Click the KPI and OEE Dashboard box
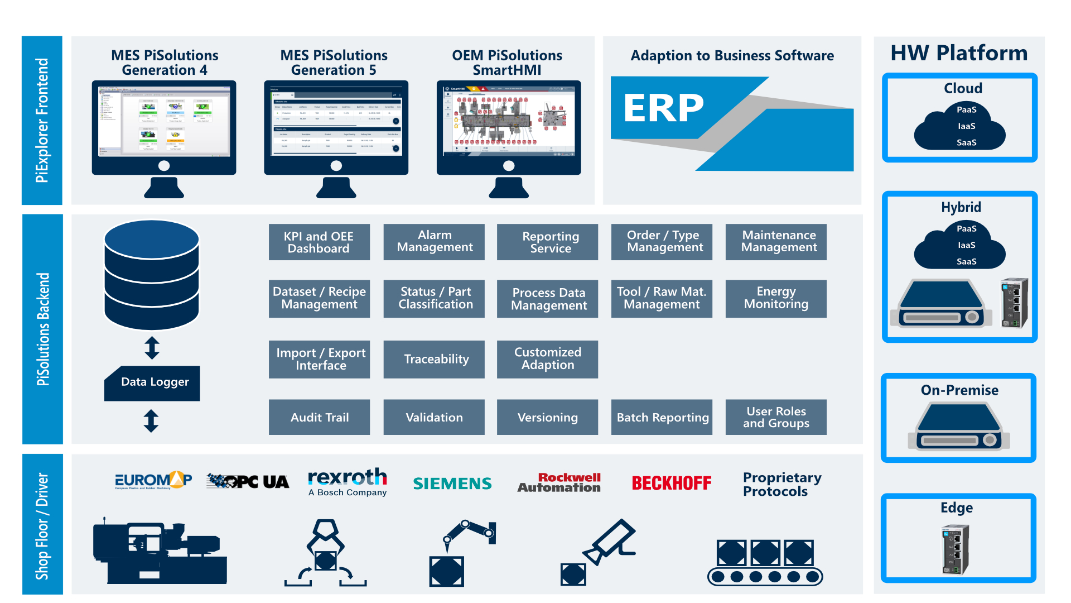[x=319, y=242]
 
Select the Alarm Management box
[x=434, y=242]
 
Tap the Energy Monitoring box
[x=776, y=298]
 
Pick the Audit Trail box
[x=319, y=417]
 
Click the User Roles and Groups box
[x=776, y=417]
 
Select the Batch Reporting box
[x=662, y=417]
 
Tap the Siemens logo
[x=452, y=484]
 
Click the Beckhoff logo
[x=672, y=484]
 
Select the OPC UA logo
[x=248, y=481]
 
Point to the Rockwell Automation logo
[x=559, y=483]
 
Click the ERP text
[x=663, y=108]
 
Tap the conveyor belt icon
[x=765, y=562]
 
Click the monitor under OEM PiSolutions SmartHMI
[x=508, y=128]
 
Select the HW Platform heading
[x=959, y=53]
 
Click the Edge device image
[x=956, y=549]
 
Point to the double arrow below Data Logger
[x=151, y=421]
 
